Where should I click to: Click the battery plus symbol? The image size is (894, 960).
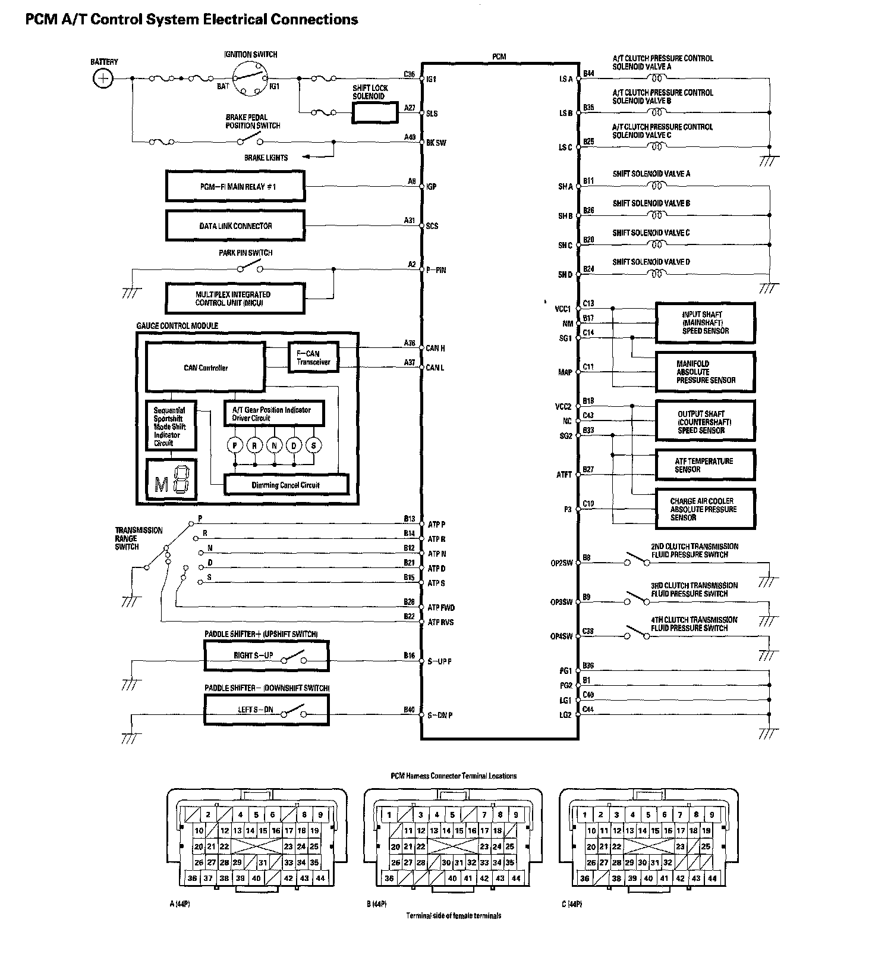[x=103, y=78]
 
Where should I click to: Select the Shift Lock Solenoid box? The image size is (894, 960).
[x=374, y=112]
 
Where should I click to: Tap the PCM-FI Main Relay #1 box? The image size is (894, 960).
[x=235, y=186]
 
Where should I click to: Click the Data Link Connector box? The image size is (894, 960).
[x=235, y=226]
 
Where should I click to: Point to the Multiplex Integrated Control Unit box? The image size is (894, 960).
[x=235, y=298]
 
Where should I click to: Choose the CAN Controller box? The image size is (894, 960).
[x=206, y=368]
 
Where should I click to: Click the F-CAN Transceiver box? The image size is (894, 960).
[x=313, y=357]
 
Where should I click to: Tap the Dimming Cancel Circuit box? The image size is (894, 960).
[x=285, y=485]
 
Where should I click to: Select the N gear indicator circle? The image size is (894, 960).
[x=274, y=445]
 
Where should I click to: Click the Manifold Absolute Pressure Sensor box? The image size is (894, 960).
[x=705, y=372]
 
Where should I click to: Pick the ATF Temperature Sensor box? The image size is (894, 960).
[x=705, y=465]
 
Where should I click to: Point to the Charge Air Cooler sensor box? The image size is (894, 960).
[x=705, y=509]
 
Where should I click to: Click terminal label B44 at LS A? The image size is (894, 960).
[x=588, y=74]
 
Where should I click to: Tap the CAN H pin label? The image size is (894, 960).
[x=435, y=348]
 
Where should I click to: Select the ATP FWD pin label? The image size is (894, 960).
[x=441, y=607]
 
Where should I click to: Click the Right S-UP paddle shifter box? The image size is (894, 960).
[x=266, y=655]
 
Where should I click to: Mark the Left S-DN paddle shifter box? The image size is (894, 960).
[x=266, y=710]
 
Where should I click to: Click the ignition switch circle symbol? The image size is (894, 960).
[x=249, y=78]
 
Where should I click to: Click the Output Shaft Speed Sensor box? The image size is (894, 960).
[x=705, y=421]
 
